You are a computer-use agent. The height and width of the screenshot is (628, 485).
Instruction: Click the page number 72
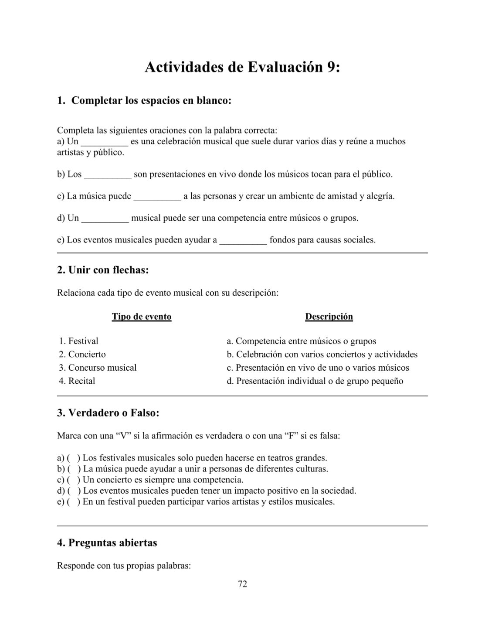point(243,584)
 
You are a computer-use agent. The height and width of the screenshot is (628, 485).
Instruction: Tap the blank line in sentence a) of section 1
point(105,142)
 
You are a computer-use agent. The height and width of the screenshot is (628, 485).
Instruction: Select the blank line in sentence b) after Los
point(108,175)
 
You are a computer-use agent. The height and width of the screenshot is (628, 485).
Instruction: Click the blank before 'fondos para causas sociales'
point(243,240)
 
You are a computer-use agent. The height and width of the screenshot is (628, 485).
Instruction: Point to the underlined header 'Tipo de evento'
point(142,317)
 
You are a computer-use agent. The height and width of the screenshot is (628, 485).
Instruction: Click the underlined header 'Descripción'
point(329,317)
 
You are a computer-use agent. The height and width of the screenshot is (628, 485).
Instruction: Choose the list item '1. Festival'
point(79,341)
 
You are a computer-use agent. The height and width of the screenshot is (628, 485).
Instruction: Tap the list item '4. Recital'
point(77,381)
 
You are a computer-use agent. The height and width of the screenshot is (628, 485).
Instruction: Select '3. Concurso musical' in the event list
point(98,368)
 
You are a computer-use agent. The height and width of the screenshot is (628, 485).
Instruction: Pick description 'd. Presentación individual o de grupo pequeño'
point(315,381)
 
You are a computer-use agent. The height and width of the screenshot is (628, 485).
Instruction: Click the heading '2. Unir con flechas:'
point(103,270)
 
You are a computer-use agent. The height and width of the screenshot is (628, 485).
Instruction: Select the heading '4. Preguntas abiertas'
point(107,543)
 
